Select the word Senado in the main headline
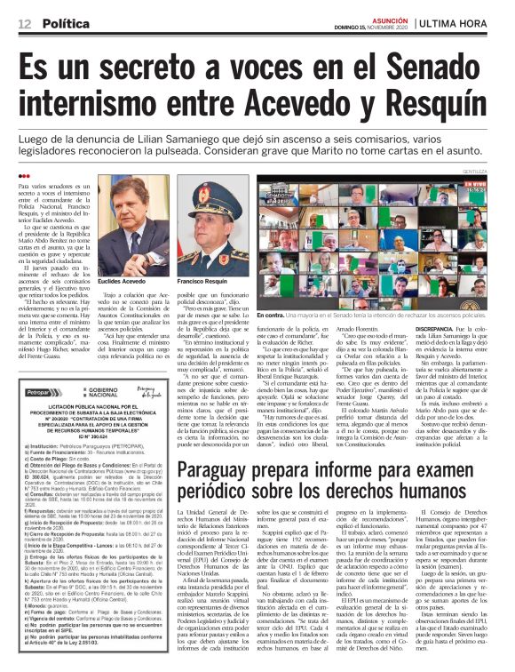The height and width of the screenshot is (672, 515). tap(438, 62)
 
